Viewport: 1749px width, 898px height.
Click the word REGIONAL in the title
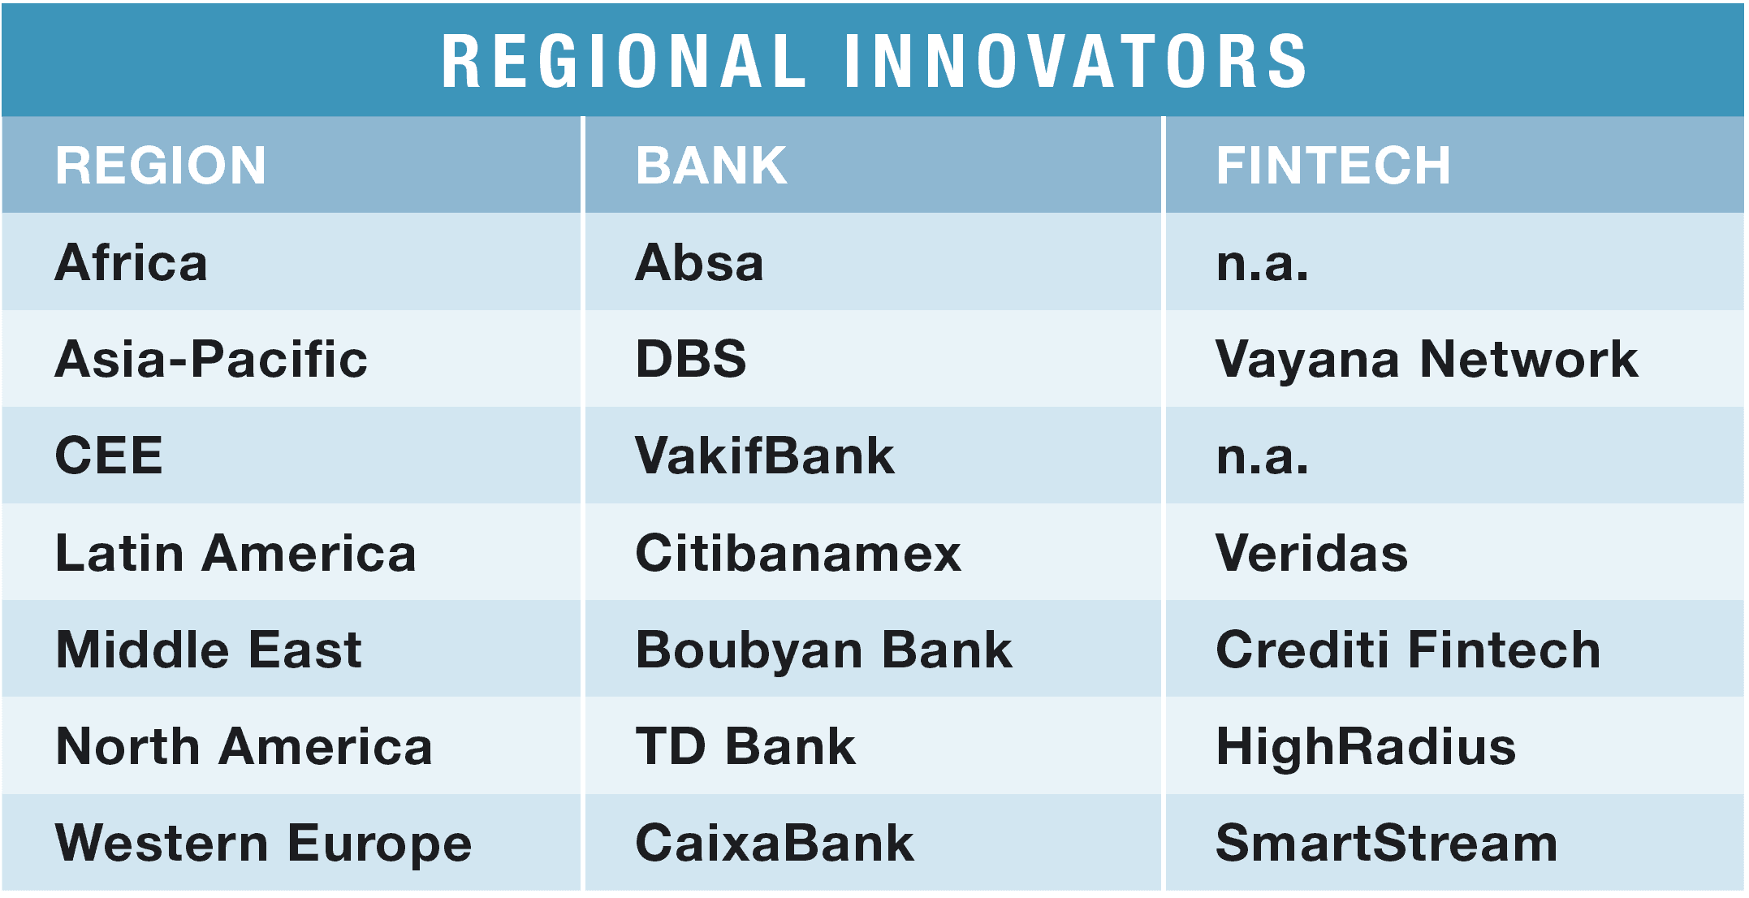[624, 61]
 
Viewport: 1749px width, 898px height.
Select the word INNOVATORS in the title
[1076, 61]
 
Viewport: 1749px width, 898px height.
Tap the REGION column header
[161, 166]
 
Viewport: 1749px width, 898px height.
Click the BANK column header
[711, 166]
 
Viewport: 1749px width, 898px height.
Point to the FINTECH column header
[1333, 166]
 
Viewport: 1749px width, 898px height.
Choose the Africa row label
[132, 262]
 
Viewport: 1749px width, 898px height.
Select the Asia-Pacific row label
[211, 360]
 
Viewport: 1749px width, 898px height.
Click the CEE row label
[109, 455]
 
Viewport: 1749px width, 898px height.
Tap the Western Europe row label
[264, 844]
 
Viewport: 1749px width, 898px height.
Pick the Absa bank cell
[700, 262]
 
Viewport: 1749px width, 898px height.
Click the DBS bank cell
[691, 359]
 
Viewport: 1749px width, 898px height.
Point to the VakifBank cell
[765, 455]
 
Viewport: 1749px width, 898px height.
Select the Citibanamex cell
[798, 553]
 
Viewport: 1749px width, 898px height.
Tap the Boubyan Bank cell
[824, 650]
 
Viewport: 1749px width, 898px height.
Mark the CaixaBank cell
[775, 843]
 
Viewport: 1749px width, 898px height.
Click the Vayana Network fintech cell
[1427, 360]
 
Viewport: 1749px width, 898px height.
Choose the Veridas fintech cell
[1312, 553]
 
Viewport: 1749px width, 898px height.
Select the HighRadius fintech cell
[1366, 746]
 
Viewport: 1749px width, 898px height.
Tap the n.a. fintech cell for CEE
[1263, 458]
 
